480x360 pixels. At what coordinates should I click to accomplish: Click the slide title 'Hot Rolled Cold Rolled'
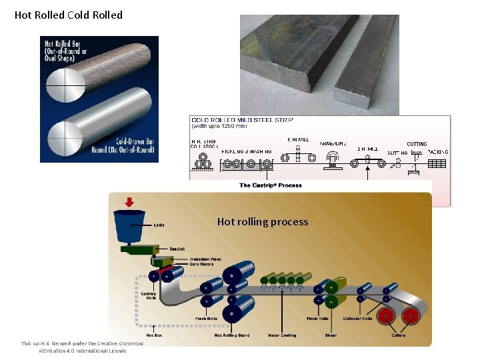(69, 15)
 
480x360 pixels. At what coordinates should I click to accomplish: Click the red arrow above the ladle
(129, 202)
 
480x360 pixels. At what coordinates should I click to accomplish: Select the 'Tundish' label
(177, 249)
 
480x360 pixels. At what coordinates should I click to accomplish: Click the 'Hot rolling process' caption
(263, 221)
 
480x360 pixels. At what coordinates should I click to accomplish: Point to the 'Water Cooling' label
(282, 335)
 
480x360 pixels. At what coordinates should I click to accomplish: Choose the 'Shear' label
(331, 335)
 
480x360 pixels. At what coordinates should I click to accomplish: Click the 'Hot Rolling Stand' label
(232, 335)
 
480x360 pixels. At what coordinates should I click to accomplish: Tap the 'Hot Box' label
(154, 335)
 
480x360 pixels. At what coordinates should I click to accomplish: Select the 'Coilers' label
(399, 335)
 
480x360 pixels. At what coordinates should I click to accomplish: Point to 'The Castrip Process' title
(270, 185)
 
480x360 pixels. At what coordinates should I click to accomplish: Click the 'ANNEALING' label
(333, 143)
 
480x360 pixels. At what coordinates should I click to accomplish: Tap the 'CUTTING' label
(417, 144)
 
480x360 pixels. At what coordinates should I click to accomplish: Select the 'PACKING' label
(437, 152)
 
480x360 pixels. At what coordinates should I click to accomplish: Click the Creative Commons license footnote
(82, 347)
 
